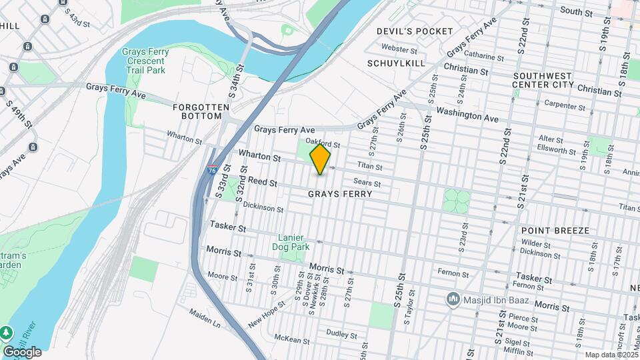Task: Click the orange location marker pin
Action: click(x=321, y=159)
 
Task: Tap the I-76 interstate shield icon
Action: click(x=213, y=170)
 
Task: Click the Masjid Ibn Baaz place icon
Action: click(x=453, y=299)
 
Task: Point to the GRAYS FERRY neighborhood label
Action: click(x=339, y=194)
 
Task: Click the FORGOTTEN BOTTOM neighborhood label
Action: click(x=197, y=111)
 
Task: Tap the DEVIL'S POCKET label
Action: click(x=415, y=31)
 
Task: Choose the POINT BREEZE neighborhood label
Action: click(x=555, y=231)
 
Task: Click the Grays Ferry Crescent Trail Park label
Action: click(x=145, y=61)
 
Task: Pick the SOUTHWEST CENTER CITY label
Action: click(x=543, y=80)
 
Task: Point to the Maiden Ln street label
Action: click(x=204, y=321)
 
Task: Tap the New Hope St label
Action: click(x=267, y=313)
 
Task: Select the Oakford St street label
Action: click(x=323, y=143)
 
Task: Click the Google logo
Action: click(x=22, y=351)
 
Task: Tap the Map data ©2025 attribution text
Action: click(x=611, y=355)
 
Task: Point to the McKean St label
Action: click(x=291, y=339)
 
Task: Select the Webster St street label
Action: click(x=399, y=49)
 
